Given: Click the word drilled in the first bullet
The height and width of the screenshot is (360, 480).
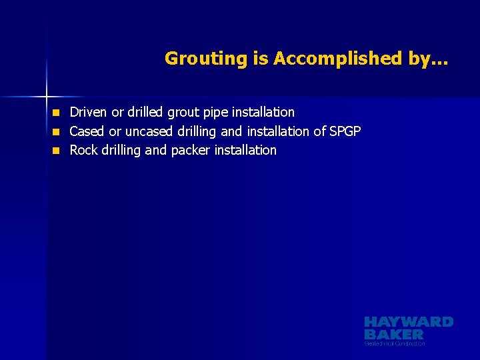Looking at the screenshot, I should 147,112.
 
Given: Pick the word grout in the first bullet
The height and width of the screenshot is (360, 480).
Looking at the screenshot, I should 189,112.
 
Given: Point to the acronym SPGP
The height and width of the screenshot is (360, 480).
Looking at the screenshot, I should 345,131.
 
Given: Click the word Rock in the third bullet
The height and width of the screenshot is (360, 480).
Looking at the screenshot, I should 83,150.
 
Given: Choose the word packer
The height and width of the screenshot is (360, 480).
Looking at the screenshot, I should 191,150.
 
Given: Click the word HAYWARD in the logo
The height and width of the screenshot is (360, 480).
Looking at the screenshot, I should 409,322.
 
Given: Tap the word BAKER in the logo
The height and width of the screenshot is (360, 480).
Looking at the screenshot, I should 393,333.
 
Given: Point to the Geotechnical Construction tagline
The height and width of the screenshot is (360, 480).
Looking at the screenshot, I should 395,343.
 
